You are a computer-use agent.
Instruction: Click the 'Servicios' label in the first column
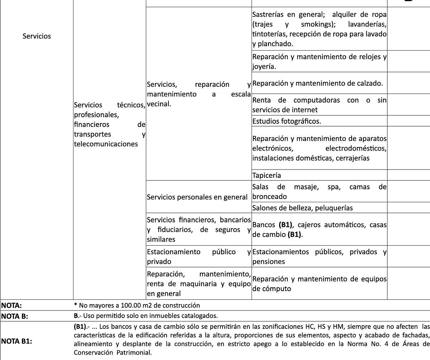coord(37,36)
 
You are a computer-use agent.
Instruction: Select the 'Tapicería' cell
coord(267,175)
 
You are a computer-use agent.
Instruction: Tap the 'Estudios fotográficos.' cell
coord(287,121)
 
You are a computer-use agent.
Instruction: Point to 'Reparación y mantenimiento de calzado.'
coord(317,83)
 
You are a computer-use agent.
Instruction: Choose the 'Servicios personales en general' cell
coord(197,197)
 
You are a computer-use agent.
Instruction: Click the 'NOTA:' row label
coord(12,305)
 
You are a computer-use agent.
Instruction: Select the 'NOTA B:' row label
coord(15,316)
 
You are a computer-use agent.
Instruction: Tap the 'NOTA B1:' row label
coord(17,341)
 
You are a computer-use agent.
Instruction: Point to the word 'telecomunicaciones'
coord(106,144)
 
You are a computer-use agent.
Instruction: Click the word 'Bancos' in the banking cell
coord(264,225)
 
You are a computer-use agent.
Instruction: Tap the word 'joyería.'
coord(264,66)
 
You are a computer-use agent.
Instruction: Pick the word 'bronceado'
coord(269,196)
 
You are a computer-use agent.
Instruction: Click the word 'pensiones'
coord(268,261)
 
